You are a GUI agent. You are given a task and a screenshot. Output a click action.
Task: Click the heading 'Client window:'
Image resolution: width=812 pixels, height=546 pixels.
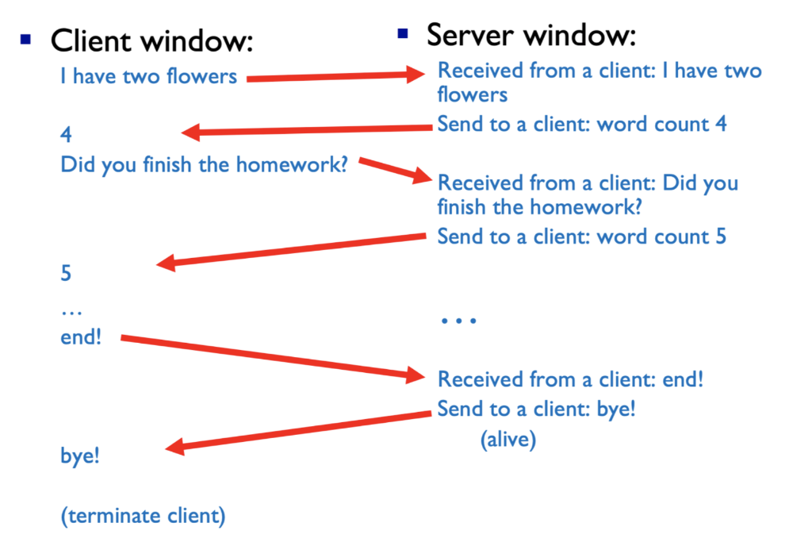(152, 40)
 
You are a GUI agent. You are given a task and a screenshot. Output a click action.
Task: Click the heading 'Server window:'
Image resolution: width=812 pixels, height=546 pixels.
(531, 35)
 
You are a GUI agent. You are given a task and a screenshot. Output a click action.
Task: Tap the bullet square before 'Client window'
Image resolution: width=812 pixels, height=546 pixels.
(27, 38)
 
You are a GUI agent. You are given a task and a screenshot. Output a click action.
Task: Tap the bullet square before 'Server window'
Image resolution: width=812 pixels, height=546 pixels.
(403, 33)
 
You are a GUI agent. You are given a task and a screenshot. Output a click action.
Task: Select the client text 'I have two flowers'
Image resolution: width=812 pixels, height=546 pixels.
(148, 77)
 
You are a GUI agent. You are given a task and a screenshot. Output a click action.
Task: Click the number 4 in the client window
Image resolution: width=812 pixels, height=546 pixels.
(66, 135)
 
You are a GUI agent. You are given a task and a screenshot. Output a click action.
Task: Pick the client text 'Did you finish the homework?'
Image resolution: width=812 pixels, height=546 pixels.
(204, 166)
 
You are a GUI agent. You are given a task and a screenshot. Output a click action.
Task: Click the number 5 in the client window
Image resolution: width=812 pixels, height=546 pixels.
(66, 274)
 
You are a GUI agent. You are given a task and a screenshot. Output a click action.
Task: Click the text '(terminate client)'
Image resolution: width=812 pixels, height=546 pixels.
(143, 516)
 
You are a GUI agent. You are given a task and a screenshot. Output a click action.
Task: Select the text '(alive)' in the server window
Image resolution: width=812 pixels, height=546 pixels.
(507, 439)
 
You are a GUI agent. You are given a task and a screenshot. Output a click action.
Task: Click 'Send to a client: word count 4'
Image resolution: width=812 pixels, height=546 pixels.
(581, 125)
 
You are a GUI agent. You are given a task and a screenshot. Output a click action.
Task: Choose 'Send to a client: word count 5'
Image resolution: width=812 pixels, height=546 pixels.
(581, 236)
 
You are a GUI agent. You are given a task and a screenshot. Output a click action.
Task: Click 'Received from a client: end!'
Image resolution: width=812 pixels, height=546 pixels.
(570, 379)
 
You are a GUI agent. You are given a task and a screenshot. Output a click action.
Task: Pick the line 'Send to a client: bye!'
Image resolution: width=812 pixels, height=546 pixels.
(536, 410)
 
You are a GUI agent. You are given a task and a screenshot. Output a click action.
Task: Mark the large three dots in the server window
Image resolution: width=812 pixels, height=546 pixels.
(458, 321)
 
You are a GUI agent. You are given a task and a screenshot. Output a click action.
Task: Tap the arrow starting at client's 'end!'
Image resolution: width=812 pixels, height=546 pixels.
(270, 356)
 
